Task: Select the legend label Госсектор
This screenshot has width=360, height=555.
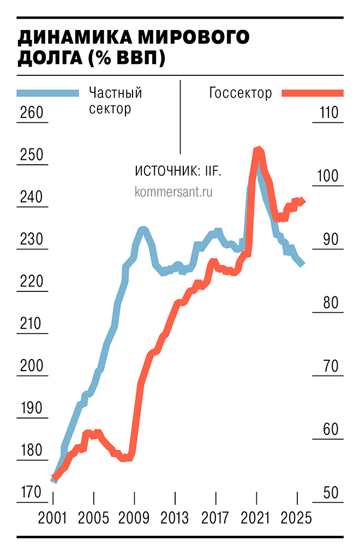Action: (x=241, y=93)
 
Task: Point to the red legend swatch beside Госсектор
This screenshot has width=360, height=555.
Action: (x=313, y=93)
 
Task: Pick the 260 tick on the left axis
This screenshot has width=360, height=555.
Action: (x=31, y=114)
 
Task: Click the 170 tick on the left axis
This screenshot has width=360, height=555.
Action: (x=31, y=493)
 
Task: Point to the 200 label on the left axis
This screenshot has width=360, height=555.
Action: (x=31, y=366)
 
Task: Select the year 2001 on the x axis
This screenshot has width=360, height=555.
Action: (x=52, y=517)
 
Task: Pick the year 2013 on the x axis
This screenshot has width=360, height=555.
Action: (x=175, y=517)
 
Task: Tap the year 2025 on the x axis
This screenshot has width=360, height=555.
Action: (x=297, y=517)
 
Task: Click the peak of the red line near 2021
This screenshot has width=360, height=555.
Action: (x=258, y=149)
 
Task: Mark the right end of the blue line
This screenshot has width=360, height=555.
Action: (x=303, y=264)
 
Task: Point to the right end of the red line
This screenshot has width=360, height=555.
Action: (x=303, y=201)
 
